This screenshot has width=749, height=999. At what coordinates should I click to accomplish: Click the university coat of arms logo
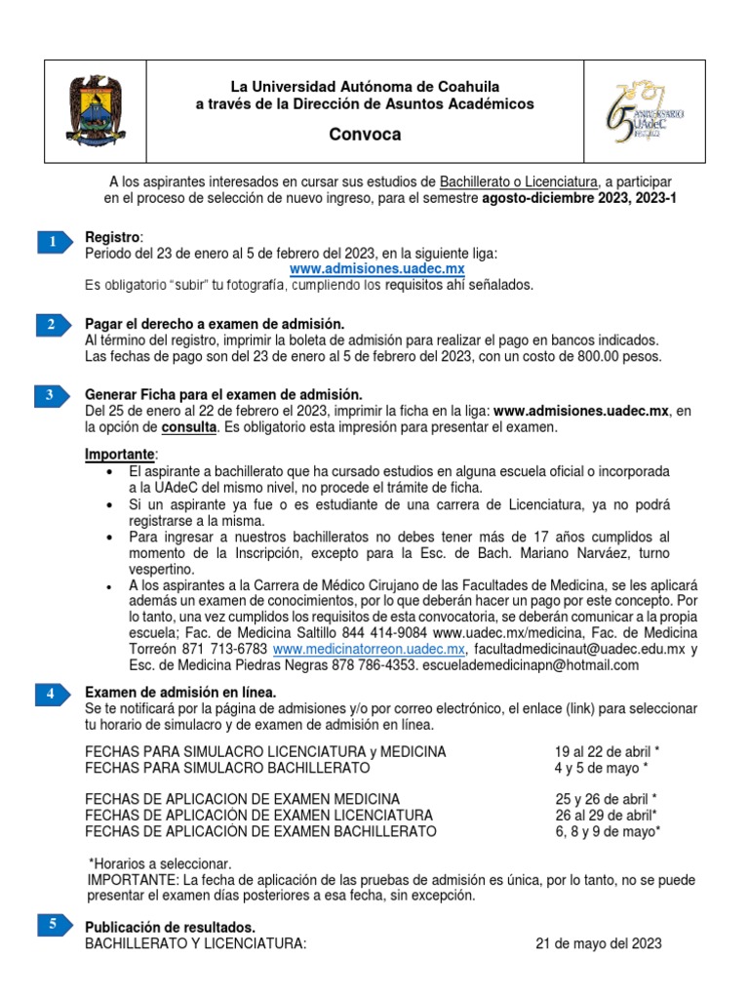95,111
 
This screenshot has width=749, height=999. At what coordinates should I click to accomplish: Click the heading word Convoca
365,135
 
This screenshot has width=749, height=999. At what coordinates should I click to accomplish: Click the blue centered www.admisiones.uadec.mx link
377,268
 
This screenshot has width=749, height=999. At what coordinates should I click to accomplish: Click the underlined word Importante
119,455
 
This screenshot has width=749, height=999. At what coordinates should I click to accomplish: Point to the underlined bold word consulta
189,427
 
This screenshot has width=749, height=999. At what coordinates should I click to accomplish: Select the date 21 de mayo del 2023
599,943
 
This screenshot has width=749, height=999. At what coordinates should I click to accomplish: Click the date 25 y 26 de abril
606,798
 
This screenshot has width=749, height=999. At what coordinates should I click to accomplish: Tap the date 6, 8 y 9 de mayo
608,831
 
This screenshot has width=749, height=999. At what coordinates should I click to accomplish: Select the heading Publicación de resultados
171,927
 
